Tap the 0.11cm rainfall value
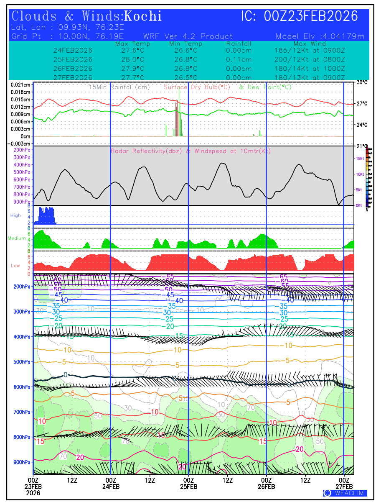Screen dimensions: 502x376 point(239,59)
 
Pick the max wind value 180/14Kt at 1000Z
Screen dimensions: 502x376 point(310,68)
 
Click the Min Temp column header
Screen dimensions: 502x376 point(185,44)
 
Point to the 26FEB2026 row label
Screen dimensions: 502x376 point(73,68)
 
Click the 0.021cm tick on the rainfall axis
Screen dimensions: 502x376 point(21,85)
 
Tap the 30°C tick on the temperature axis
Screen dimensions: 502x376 point(362,82)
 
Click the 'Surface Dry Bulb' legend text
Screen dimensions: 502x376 point(197,87)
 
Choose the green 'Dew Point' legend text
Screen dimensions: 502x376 point(265,87)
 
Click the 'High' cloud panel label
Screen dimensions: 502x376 point(15,215)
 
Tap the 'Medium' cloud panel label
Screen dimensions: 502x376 point(17,238)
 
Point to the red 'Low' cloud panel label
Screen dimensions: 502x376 point(15,266)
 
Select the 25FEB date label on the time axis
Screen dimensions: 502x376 point(188,487)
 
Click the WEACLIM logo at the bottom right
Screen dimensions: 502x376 point(345,493)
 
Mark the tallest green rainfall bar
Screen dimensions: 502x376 point(179,113)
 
